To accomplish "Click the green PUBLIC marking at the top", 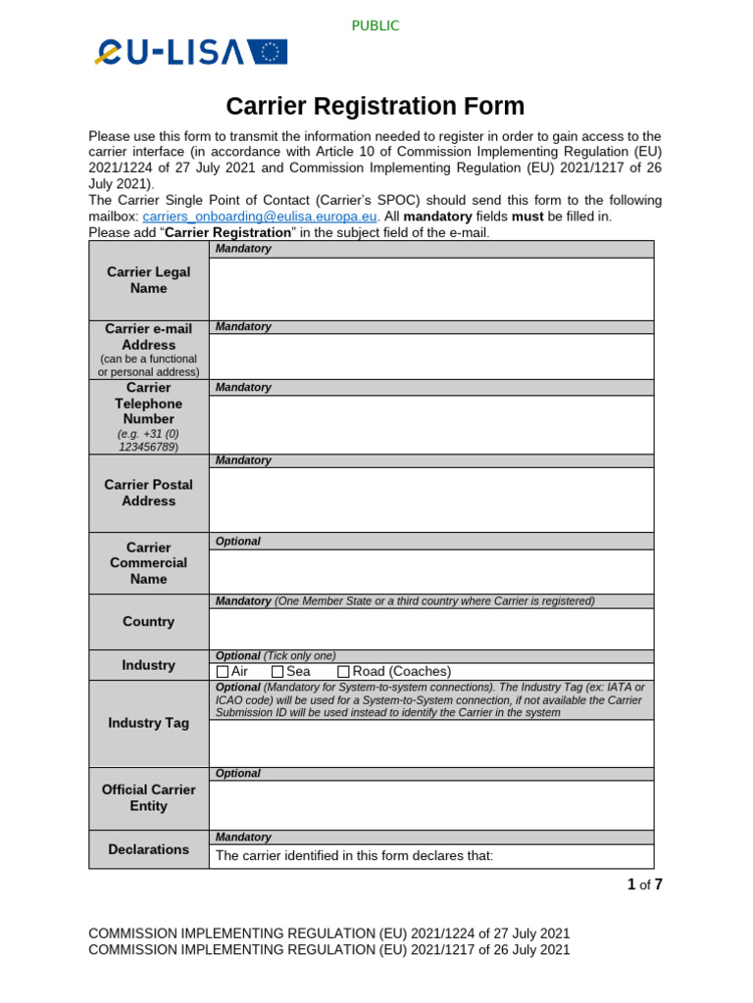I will click(376, 25).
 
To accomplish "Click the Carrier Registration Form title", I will click(376, 106).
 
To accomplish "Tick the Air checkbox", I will click(222, 672).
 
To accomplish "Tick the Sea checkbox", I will click(277, 672).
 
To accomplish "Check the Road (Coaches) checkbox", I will click(343, 672).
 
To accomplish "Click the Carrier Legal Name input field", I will click(431, 288).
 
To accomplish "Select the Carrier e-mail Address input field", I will click(431, 356).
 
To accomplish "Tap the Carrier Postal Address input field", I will click(431, 500).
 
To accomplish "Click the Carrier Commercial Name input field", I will click(431, 571).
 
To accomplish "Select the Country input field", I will click(431, 628).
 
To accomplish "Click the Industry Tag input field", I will click(431, 743).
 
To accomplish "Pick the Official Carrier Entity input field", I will click(431, 804).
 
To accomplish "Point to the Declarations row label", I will click(148, 849).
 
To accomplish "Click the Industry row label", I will click(148, 665).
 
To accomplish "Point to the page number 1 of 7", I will click(644, 885).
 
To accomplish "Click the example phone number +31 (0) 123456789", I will click(148, 439).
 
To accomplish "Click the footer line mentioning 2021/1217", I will click(328, 950).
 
